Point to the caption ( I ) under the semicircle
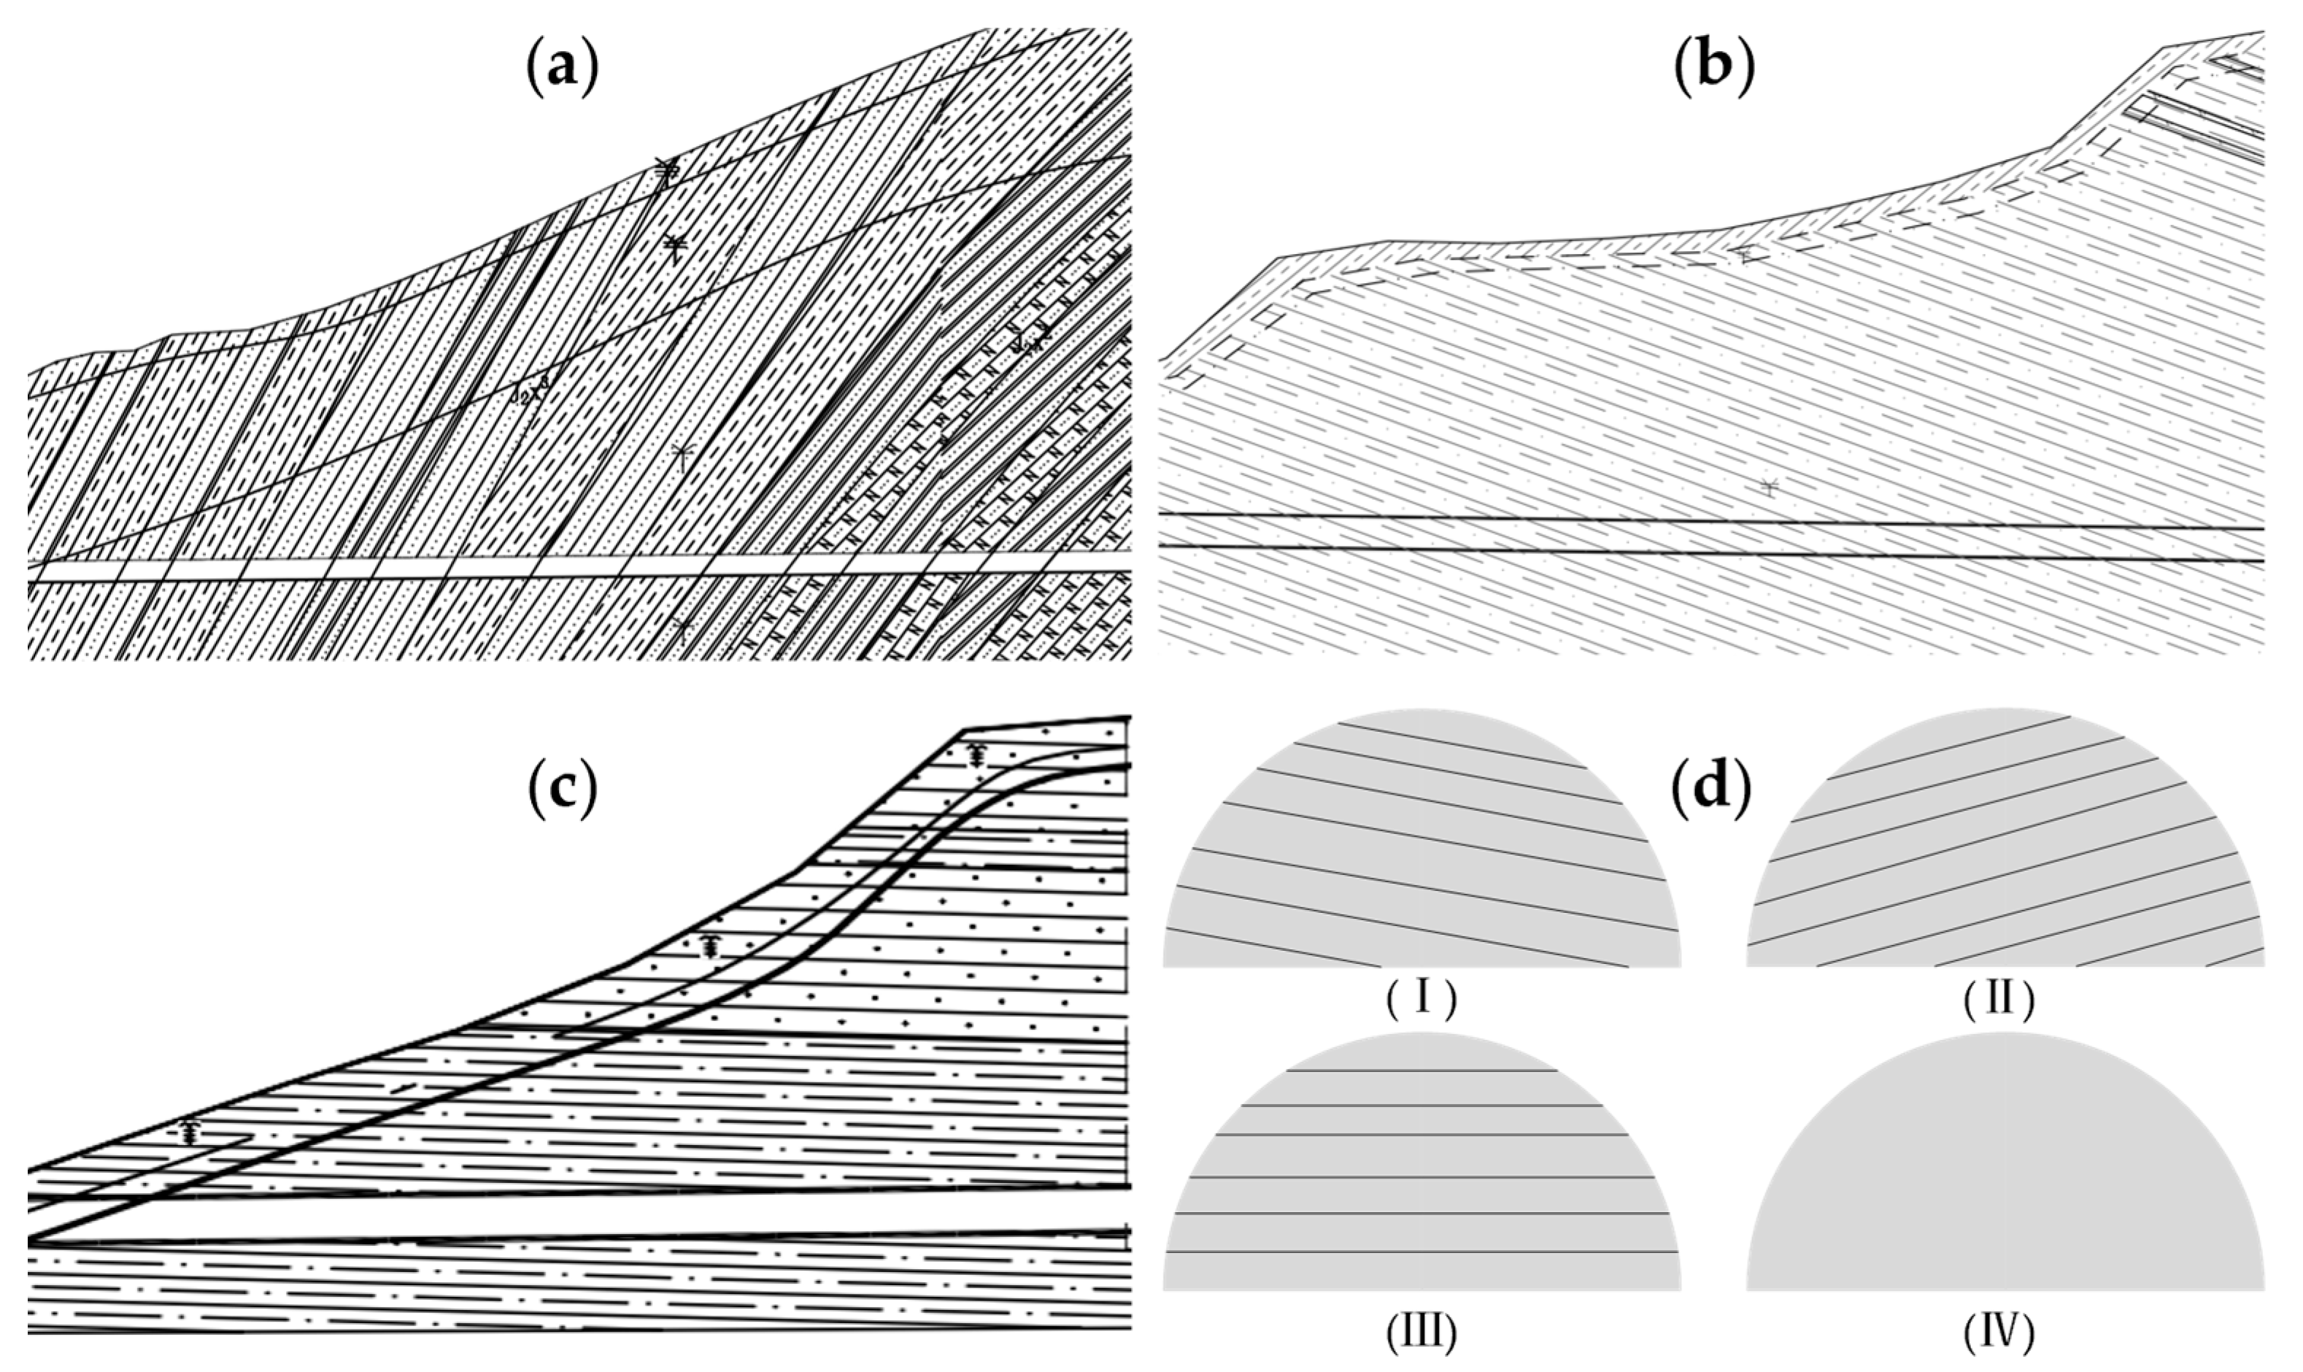pyautogui.click(x=1421, y=1001)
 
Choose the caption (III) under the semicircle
pyautogui.click(x=1421, y=1331)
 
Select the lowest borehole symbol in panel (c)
pyautogui.click(x=190, y=1133)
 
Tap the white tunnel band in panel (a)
pyautogui.click(x=555, y=569)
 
